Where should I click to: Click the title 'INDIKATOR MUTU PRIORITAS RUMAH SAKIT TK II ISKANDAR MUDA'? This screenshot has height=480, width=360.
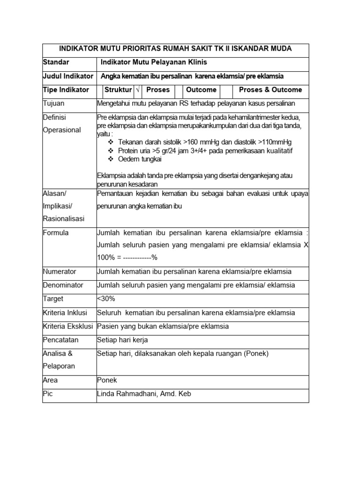coord(175,49)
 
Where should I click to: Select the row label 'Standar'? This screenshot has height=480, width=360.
coord(56,62)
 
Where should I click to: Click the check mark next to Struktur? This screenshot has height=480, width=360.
coord(138,90)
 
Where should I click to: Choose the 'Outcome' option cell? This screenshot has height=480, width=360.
coord(201,90)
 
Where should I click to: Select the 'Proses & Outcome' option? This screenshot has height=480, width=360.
coord(270,90)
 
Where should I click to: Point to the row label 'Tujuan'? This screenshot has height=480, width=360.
coord(53,103)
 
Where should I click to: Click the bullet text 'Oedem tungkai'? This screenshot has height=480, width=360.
coord(140,159)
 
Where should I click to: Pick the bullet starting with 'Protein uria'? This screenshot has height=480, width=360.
coord(205,151)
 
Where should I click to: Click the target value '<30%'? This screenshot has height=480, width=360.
coord(106,299)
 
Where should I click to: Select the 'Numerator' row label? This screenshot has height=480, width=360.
coord(60,271)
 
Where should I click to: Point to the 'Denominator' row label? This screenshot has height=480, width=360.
coord(63,285)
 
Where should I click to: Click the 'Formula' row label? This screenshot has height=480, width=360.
coord(56,232)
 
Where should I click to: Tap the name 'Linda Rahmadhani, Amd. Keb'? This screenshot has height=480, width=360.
coord(144,394)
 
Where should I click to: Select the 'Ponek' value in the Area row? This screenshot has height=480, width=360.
coord(107,380)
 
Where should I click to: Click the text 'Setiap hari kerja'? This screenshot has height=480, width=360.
coord(122,340)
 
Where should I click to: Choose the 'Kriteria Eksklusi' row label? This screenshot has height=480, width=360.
coord(68,326)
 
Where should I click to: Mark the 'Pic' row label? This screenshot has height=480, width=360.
coord(48,394)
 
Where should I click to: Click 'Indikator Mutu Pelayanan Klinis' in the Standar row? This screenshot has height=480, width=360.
coord(154,62)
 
